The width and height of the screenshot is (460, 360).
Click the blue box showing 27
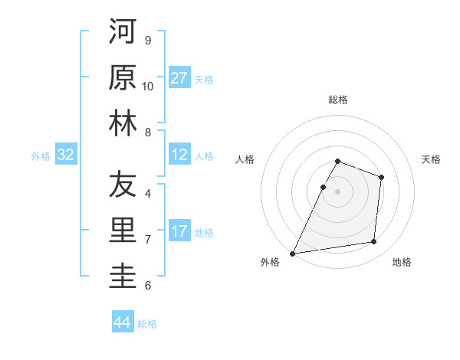pos(179,78)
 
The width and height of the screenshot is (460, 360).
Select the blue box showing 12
pos(179,155)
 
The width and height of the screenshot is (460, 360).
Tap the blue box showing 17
pos(179,231)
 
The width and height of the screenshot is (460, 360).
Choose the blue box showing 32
pos(66,155)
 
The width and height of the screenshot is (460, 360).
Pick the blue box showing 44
pos(122,322)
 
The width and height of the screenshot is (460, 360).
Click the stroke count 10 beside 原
pos(148,87)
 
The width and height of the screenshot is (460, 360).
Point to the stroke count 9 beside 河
pos(148,41)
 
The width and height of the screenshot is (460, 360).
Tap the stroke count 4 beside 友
pos(148,194)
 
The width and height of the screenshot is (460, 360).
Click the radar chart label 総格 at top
pos(338,100)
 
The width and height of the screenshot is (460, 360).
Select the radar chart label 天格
pos(432,159)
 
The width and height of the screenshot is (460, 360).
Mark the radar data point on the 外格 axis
pos(292,254)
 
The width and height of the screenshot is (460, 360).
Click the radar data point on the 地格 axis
pos(374,242)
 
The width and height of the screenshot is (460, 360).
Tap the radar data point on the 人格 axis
pos(323,187)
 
